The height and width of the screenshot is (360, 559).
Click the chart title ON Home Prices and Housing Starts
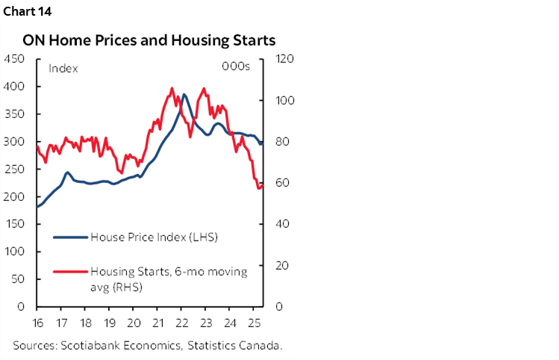(149, 40)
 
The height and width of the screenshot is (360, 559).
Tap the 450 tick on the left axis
(14, 60)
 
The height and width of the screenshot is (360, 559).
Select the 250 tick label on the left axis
(14, 170)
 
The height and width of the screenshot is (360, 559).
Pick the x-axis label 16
(37, 323)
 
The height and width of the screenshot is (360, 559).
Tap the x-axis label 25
(254, 323)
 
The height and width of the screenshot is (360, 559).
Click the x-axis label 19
(110, 323)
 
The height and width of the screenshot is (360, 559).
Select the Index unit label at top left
(63, 68)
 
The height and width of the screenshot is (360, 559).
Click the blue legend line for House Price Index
(69, 238)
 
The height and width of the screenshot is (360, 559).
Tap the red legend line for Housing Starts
(69, 272)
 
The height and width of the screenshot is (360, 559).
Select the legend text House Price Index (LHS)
(153, 238)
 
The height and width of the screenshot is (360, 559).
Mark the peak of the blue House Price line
(184, 95)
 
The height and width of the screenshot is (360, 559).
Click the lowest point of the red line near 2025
(259, 187)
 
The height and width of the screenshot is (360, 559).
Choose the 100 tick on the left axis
(14, 252)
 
